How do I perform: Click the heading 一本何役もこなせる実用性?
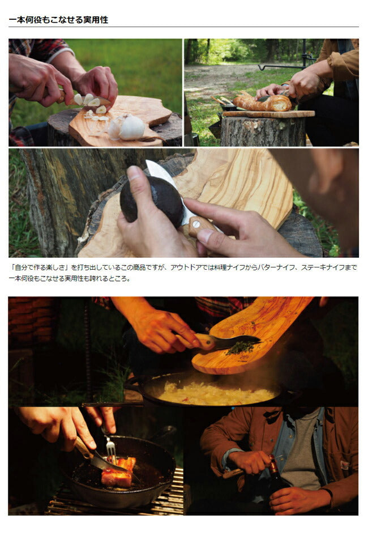58,20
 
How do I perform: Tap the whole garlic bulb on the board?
131,127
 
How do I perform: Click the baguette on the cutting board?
262,103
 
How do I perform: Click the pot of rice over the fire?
211,390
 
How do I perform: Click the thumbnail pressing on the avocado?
135,173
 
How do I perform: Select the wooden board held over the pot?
250,335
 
